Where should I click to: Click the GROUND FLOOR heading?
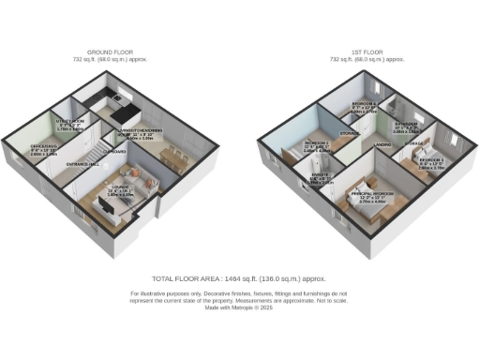[111, 52]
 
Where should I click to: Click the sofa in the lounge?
[137, 175]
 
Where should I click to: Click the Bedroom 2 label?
[314, 144]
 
